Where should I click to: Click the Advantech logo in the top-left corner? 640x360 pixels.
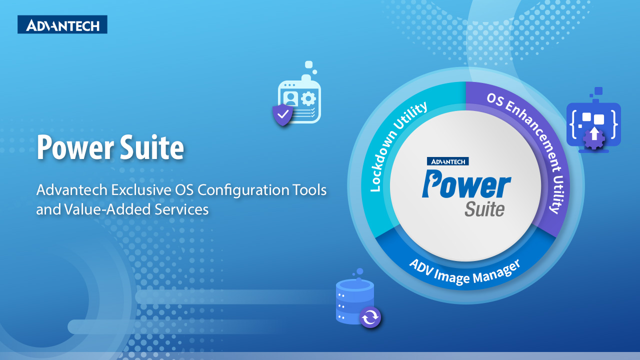(x=62, y=24)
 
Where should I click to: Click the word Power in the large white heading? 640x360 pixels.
(x=75, y=147)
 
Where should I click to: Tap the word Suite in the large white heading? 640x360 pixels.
(x=152, y=147)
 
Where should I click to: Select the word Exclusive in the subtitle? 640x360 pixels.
(x=141, y=190)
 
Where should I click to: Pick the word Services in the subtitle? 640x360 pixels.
(x=181, y=209)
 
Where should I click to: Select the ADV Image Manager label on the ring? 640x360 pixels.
(x=465, y=273)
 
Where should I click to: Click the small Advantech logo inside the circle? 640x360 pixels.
(x=447, y=161)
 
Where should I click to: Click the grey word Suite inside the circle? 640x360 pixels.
(x=484, y=209)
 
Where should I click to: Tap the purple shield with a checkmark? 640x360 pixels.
(x=282, y=114)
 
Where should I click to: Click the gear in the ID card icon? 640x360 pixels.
(x=308, y=99)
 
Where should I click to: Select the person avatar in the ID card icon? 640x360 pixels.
(x=290, y=99)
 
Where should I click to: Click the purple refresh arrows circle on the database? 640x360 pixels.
(x=370, y=317)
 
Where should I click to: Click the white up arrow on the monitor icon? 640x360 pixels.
(x=594, y=133)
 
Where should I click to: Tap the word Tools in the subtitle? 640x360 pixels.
(x=309, y=190)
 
